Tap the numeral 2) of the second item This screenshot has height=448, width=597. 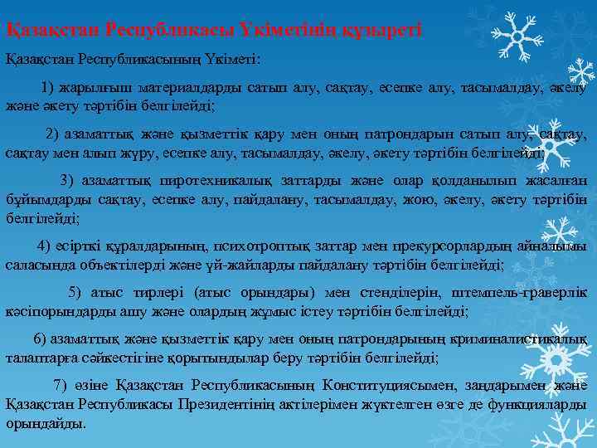[x=52, y=134]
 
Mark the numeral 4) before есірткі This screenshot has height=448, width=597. [x=45, y=246]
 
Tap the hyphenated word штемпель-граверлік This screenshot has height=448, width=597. [x=520, y=292]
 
